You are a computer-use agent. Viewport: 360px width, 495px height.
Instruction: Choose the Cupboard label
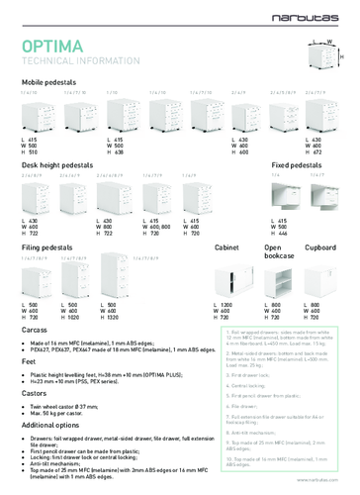coord(322,244)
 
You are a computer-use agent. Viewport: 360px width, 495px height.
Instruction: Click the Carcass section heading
coord(37,326)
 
